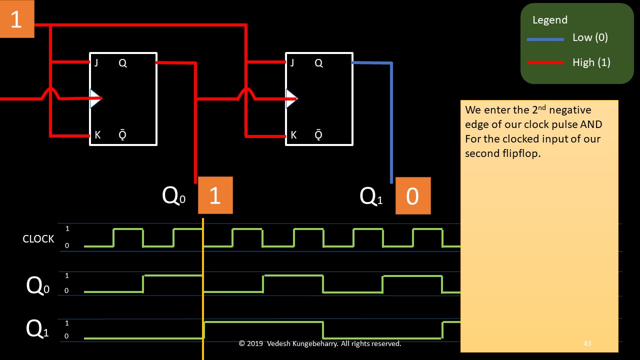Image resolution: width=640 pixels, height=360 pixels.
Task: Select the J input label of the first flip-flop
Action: pos(95,63)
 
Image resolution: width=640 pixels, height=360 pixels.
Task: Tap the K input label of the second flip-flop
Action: pos(293,135)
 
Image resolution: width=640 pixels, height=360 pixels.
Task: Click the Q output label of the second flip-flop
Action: pos(318,63)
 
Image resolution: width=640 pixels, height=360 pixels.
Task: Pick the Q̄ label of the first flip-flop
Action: pos(122,135)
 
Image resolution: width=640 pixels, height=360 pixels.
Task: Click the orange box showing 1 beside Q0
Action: pos(215,195)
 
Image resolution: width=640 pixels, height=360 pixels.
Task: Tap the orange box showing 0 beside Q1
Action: pos(412,196)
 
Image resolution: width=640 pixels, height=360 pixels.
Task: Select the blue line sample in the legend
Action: pos(545,39)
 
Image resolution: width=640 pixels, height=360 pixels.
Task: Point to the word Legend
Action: pos(550,20)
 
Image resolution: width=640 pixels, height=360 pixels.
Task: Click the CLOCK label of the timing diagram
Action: pos(38,239)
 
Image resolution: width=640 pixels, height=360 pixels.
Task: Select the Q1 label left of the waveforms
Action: pos(37,329)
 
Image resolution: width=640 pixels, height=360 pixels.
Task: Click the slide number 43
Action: pos(587,343)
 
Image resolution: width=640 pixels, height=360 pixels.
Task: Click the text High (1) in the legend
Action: pos(591,62)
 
